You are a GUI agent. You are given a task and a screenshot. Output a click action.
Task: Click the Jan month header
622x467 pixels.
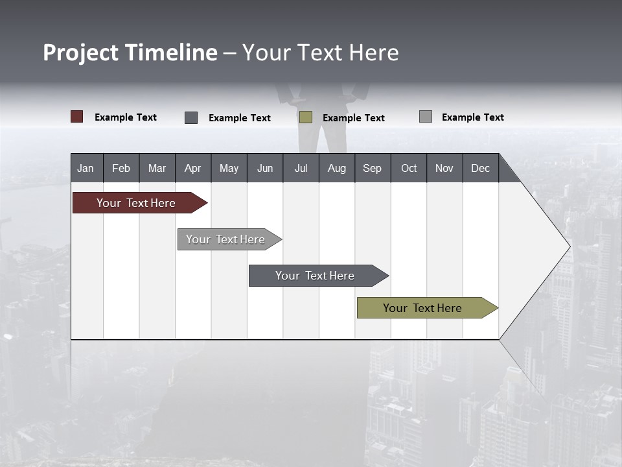(x=86, y=168)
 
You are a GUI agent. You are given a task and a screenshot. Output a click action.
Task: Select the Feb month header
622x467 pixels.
(x=121, y=168)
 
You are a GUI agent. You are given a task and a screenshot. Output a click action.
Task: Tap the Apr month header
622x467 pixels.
(x=193, y=168)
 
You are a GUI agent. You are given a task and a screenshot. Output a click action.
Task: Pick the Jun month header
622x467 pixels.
(x=265, y=168)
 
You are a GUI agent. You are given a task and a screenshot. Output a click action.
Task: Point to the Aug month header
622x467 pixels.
(x=337, y=168)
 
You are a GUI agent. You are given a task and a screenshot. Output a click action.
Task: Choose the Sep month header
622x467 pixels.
(x=373, y=168)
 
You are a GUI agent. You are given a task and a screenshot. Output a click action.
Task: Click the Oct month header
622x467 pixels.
(x=409, y=168)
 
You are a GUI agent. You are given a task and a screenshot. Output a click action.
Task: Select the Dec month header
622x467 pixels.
(x=481, y=168)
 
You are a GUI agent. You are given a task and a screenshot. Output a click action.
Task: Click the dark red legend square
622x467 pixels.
(x=77, y=117)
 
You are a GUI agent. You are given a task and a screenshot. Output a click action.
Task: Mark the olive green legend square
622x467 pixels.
(x=306, y=117)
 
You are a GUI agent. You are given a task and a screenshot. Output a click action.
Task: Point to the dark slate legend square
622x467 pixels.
(x=191, y=117)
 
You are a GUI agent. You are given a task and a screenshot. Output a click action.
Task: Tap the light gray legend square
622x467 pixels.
(x=426, y=117)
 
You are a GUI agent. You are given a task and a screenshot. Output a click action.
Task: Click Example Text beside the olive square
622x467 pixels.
(x=354, y=118)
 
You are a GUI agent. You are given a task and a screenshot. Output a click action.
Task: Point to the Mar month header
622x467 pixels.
(x=157, y=168)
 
